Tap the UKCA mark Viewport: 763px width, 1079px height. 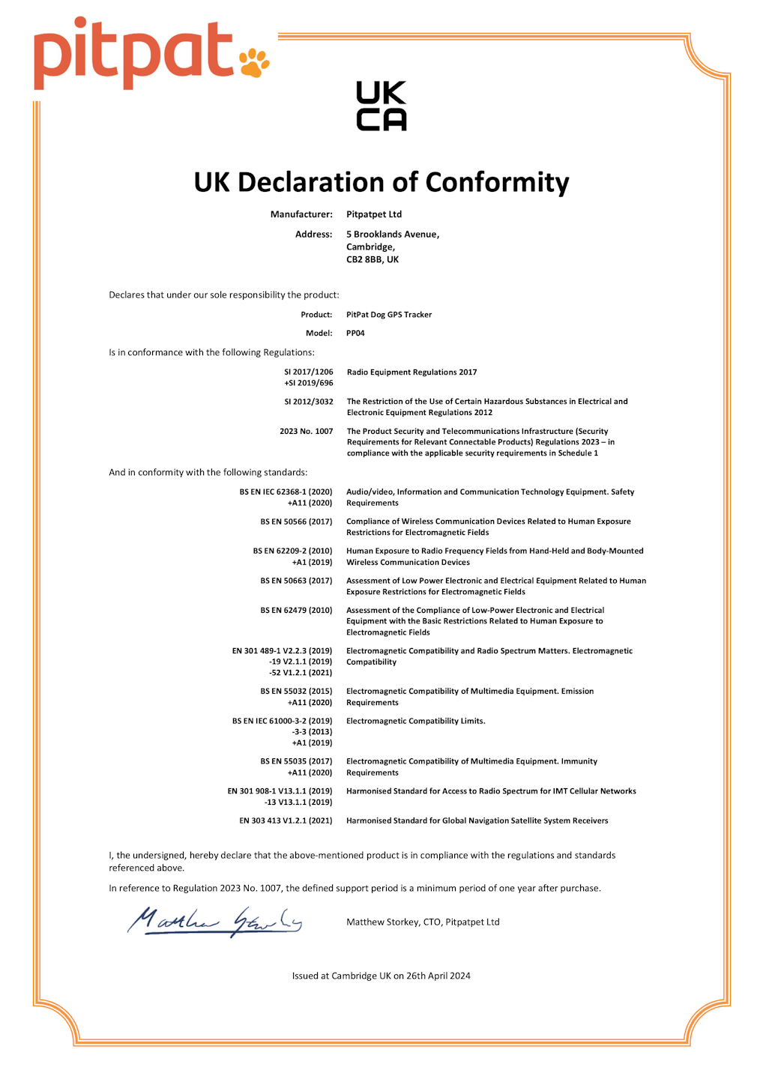tap(381, 106)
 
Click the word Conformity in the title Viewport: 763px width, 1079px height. tap(497, 182)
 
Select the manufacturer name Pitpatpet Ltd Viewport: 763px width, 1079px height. tap(374, 214)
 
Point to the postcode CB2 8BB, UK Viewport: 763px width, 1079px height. tap(373, 259)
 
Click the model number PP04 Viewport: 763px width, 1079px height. tap(355, 333)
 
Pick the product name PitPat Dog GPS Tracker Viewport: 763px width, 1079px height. tap(389, 315)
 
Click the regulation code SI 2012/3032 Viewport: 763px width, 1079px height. tap(309, 402)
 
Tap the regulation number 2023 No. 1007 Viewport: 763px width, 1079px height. tap(306, 432)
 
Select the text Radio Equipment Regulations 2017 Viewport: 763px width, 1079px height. tap(411, 372)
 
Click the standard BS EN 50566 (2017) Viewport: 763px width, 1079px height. tap(296, 522)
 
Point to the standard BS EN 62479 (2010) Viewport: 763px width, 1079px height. tap(296, 611)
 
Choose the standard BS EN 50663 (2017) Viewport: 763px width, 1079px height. tap(296, 581)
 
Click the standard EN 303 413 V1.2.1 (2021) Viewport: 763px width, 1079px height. tap(286, 821)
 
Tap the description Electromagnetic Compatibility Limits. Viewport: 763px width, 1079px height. tap(415, 721)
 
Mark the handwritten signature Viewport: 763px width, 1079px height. tap(214, 921)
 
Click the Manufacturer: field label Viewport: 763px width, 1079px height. tap(301, 214)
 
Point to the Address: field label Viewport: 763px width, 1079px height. tap(313, 235)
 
